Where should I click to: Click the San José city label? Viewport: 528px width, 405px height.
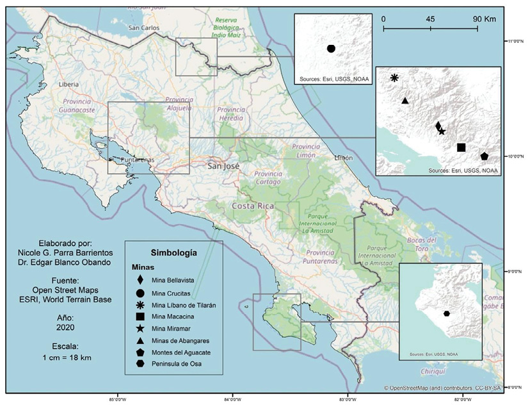click(224, 166)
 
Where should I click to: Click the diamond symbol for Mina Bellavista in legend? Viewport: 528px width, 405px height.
click(140, 280)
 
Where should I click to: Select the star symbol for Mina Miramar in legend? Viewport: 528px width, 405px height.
click(140, 328)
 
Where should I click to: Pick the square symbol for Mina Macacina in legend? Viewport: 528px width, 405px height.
click(140, 317)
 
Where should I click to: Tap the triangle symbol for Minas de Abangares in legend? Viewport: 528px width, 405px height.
click(140, 340)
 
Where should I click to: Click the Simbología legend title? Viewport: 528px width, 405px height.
click(173, 252)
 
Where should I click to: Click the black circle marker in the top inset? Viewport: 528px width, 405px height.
click(331, 49)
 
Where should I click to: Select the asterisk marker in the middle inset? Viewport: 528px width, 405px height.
click(394, 78)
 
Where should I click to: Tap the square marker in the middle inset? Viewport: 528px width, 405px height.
click(461, 147)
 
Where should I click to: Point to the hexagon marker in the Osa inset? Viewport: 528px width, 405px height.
click(446, 313)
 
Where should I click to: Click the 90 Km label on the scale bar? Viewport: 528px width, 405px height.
click(484, 19)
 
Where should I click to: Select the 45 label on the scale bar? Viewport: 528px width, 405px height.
click(430, 19)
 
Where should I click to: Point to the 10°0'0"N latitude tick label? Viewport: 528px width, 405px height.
click(516, 156)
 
